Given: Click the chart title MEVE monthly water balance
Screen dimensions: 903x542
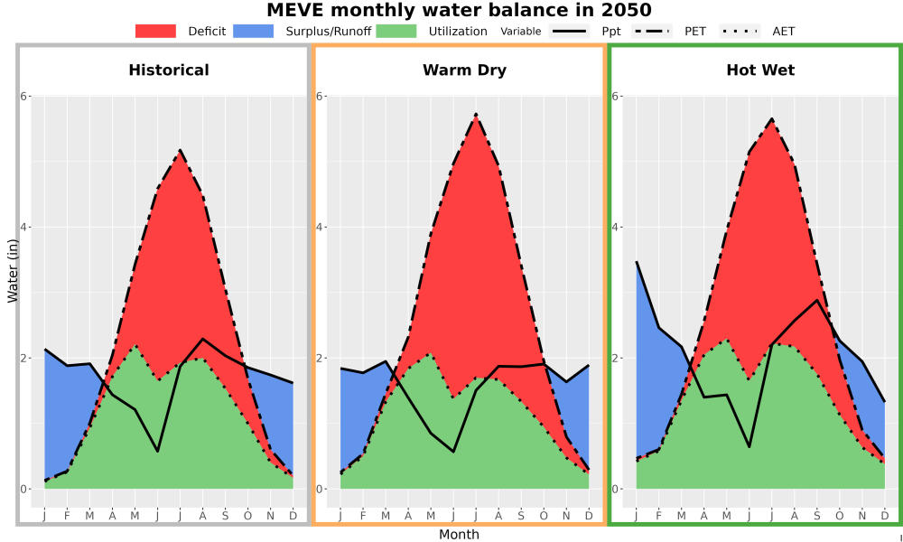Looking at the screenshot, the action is coord(459,10).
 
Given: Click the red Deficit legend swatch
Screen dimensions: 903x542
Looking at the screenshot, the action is coord(155,31).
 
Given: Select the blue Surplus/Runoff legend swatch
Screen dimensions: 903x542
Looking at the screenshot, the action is coord(254,31).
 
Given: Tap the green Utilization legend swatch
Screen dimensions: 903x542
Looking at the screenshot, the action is coord(396,31).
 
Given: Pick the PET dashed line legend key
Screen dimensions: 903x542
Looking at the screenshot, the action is coord(651,31).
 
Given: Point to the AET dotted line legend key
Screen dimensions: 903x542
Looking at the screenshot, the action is coord(740,31).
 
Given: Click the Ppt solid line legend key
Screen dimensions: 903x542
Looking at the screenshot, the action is coord(569,31).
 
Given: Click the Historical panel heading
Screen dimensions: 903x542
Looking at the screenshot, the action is coord(169,70).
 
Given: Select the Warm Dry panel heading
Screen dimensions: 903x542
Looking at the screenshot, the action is coord(465,70).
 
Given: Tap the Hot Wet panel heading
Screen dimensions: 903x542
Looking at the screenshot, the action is coord(760,70).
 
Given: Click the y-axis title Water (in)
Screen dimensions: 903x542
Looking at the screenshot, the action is coord(13,271).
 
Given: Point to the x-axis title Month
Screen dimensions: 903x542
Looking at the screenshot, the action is coord(459,535).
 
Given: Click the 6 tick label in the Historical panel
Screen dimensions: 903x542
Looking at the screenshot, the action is coord(24,96).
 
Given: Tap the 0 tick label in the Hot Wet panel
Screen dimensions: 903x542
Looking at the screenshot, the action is coord(614,489).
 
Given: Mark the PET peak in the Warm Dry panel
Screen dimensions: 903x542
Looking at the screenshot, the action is coord(476,115).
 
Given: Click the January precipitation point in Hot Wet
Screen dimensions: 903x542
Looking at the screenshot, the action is coord(637,262).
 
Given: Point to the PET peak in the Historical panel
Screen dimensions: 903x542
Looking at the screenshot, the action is coord(181,150).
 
